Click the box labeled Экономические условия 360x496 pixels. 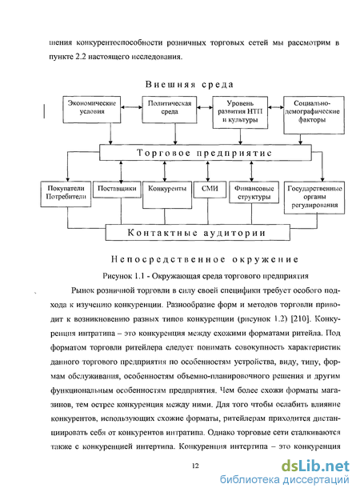tap(92, 110)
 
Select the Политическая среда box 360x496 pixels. tap(170, 110)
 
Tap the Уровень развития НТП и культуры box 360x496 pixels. tap(240, 112)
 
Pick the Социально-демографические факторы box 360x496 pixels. tap(314, 115)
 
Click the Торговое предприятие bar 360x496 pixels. tap(206, 153)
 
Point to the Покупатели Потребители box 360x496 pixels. tap(66, 194)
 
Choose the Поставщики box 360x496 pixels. tap(117, 190)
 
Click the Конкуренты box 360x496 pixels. tap(167, 195)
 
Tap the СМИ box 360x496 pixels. tap(210, 190)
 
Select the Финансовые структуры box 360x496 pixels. tap(254, 192)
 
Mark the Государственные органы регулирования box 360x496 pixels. tap(314, 198)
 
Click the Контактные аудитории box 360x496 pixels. tap(198, 233)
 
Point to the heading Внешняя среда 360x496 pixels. tap(190, 85)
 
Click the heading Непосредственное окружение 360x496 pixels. tap(205, 260)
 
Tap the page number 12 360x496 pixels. tap(195, 466)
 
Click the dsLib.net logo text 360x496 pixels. tap(315, 466)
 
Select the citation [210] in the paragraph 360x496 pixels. tap(299, 318)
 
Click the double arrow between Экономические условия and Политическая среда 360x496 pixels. tap(131, 107)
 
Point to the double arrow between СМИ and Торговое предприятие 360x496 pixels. tap(207, 171)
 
